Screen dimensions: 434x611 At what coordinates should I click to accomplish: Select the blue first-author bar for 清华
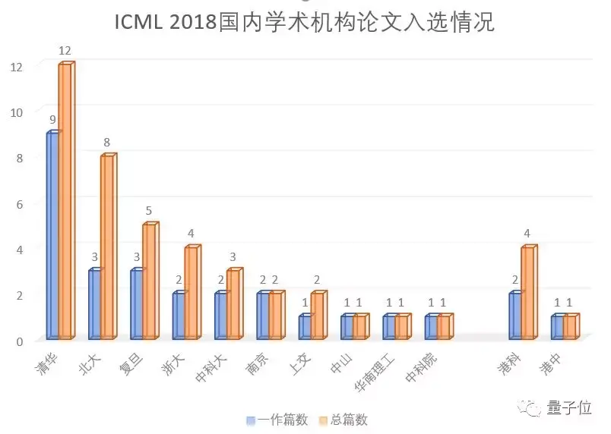click(52, 235)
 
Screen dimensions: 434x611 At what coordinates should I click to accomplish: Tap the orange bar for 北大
click(107, 247)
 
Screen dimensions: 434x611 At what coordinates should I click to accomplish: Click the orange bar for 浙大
click(192, 293)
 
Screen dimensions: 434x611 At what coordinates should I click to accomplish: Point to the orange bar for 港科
click(528, 293)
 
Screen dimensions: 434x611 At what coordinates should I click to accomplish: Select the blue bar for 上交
click(304, 327)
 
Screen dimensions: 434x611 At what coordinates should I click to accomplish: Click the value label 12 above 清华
click(65, 51)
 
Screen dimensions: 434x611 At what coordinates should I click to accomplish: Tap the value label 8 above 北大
click(107, 142)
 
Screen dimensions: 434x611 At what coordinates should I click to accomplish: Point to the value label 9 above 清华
click(52, 120)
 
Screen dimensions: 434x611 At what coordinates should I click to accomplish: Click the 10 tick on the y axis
click(17, 112)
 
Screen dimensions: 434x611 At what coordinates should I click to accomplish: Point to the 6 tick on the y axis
click(20, 203)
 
